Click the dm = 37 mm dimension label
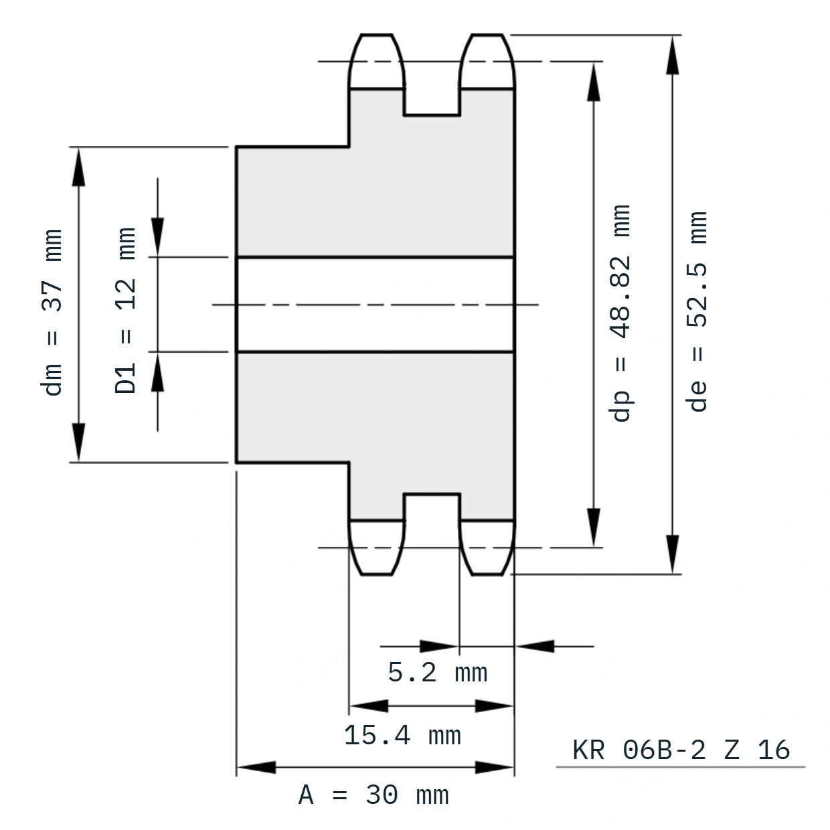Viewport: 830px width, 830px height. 52,313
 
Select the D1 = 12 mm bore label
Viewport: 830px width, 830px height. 126,310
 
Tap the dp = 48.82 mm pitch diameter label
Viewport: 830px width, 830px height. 620,313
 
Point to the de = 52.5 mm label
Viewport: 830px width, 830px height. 697,311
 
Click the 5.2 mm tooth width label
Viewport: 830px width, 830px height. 437,672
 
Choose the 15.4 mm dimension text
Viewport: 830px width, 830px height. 402,736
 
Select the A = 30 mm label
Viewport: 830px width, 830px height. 373,795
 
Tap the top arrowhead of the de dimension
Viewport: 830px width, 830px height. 672,55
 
